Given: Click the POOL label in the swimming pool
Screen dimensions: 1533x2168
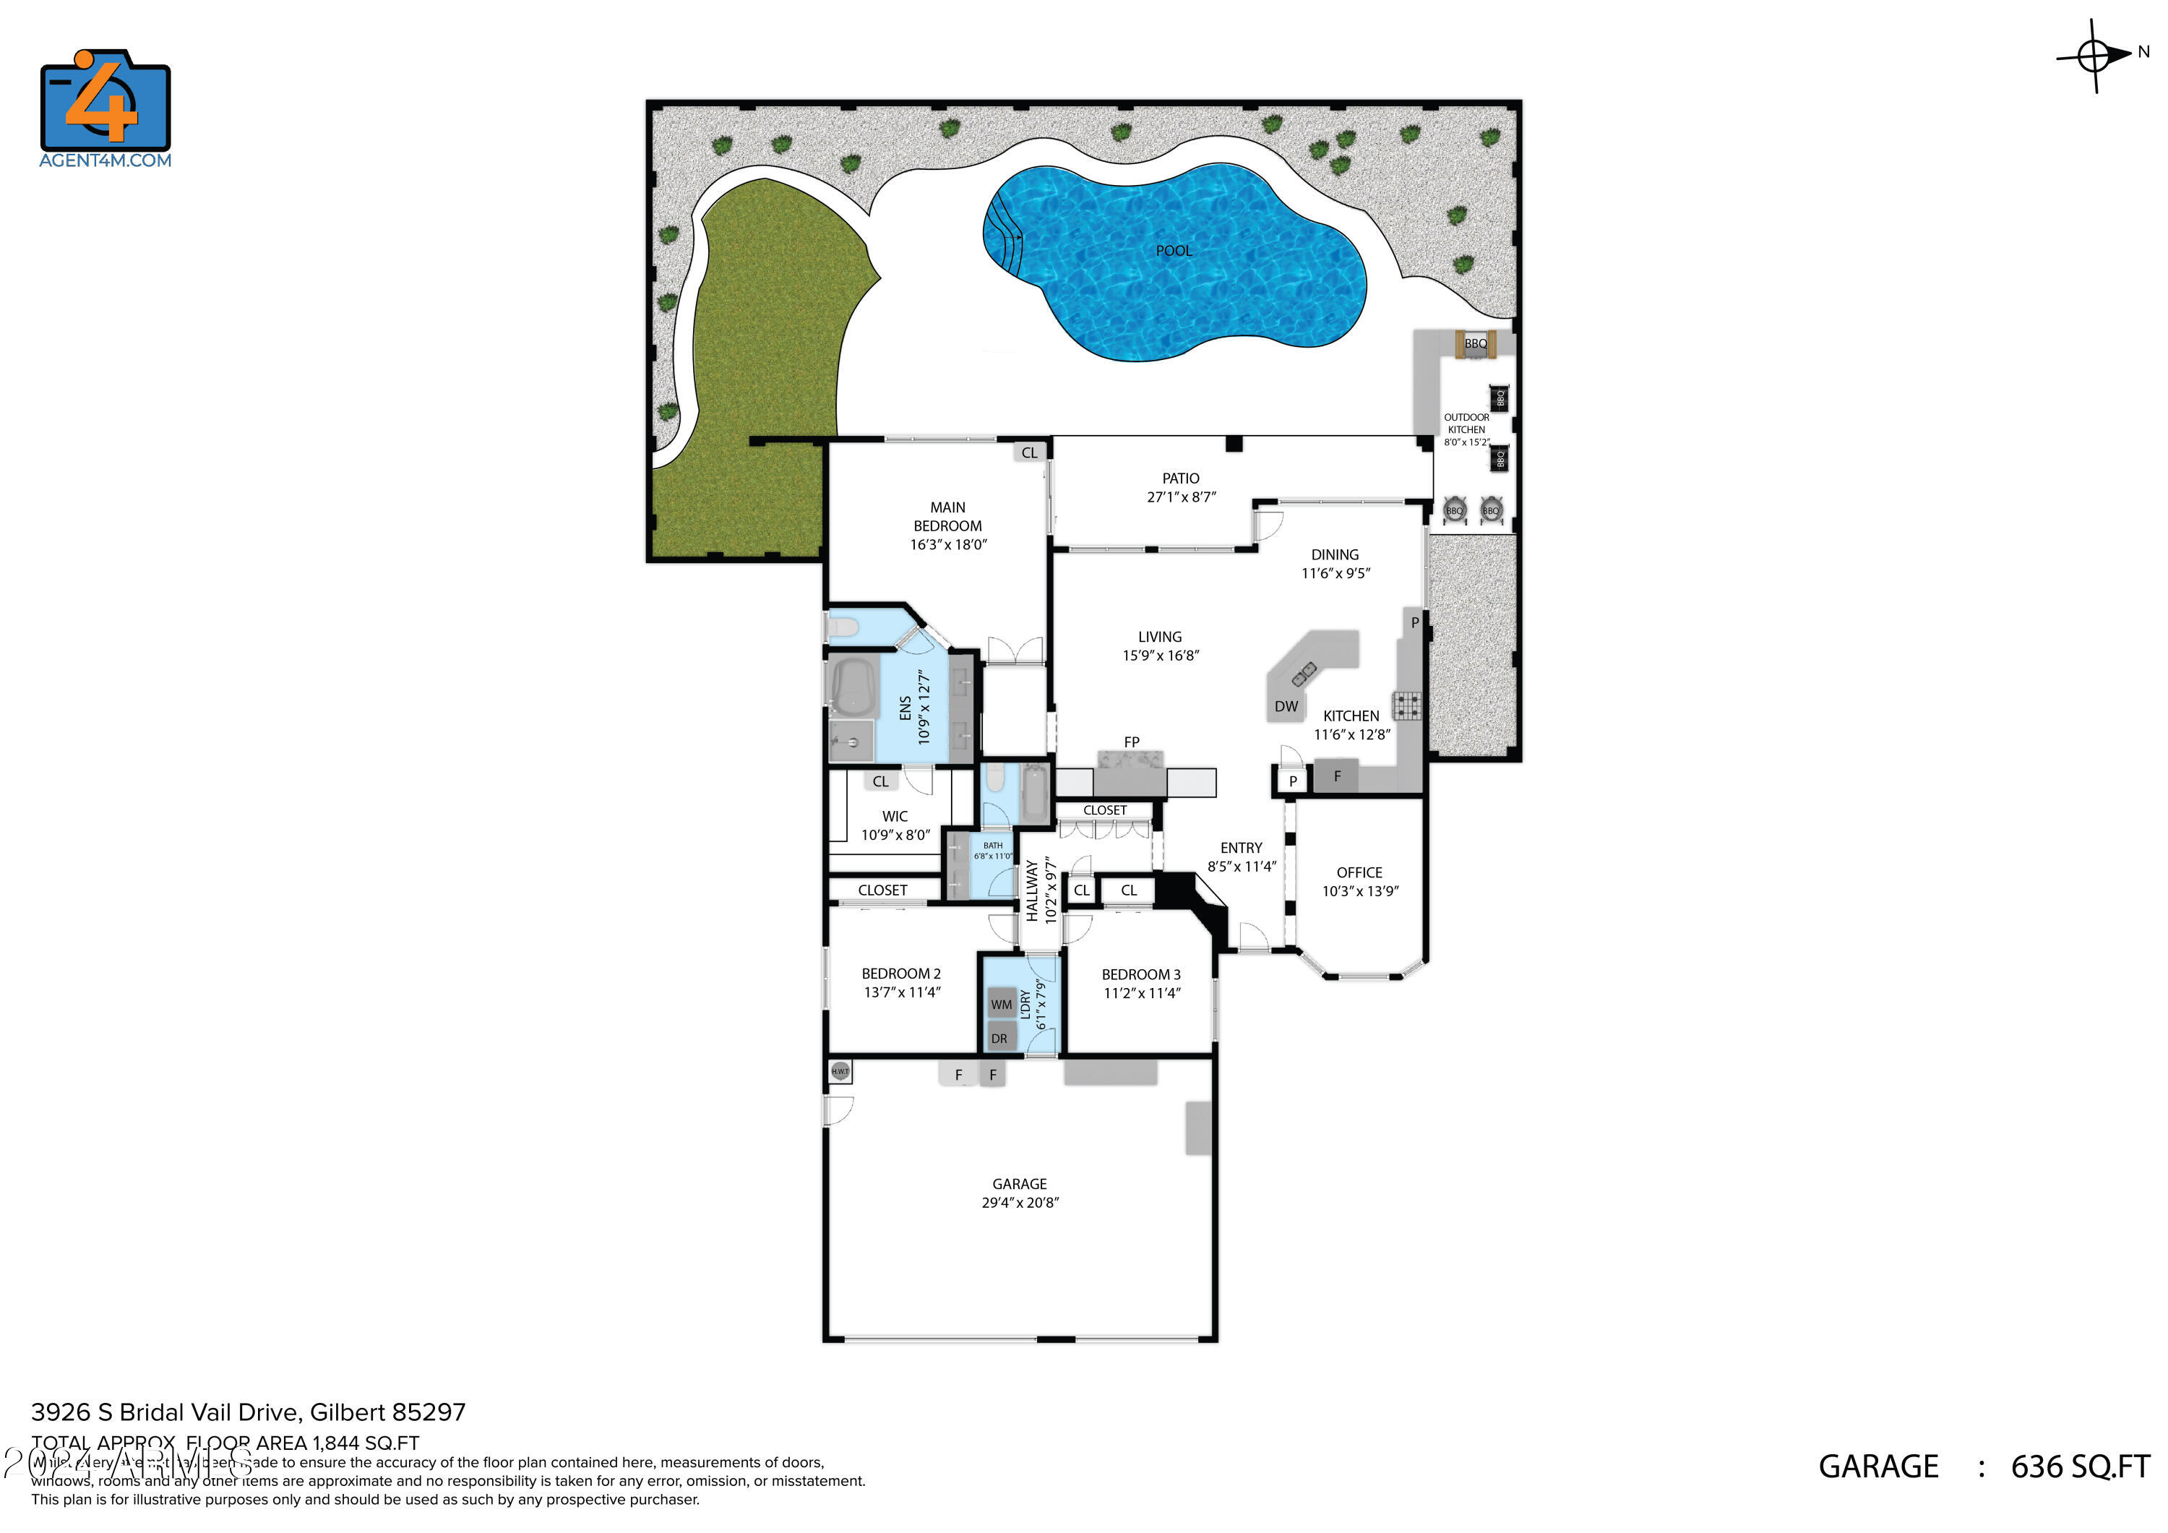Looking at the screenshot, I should pos(1173,250).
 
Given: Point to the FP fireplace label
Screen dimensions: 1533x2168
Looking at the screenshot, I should pos(1131,742).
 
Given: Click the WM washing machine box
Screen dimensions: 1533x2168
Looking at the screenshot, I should pos(1002,1004).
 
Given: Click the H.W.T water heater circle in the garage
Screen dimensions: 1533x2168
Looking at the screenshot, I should pos(840,1071).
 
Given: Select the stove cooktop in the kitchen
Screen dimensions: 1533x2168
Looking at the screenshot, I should pos(1407,705).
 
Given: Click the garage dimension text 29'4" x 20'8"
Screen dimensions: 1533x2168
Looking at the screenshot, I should pos(1020,1203).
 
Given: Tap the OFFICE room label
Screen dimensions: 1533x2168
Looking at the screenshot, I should pos(1359,873).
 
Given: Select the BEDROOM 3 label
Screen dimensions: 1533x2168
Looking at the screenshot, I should pos(1140,974).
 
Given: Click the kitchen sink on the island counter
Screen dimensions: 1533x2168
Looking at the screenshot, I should pos(1304,674).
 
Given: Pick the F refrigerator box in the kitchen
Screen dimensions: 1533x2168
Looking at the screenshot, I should pos(1336,776).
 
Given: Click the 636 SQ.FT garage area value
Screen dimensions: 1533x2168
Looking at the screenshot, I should pos(2079,1467).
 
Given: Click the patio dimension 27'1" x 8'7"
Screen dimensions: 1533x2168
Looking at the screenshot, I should pos(1180,497).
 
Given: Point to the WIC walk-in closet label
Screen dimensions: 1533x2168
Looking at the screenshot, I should pos(894,816).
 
